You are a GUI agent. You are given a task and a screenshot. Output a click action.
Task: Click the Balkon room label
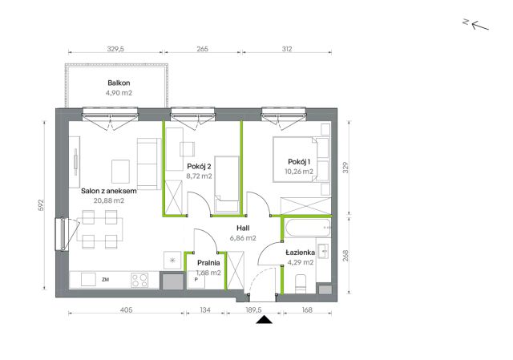point(119,83)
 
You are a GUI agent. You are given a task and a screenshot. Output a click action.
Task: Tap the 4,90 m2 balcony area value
point(119,93)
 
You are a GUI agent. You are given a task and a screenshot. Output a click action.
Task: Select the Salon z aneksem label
point(109,191)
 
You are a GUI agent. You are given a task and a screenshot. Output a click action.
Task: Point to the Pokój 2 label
point(199,167)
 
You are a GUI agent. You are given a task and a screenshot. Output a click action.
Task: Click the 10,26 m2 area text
point(299,172)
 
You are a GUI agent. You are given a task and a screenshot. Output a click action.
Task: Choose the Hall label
point(243,229)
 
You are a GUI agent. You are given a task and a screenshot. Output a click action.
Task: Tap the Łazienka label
point(301,253)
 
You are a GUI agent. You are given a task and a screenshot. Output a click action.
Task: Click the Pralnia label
point(208,263)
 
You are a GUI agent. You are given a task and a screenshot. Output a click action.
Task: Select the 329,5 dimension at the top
point(115,49)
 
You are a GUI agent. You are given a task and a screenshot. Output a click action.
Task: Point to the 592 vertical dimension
point(41,205)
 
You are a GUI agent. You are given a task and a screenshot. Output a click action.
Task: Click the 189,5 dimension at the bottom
point(253,309)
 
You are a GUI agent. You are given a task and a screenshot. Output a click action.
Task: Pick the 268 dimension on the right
point(345,256)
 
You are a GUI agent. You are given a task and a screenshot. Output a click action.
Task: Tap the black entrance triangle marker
point(264,320)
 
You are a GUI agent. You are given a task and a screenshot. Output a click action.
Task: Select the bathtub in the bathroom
point(307,228)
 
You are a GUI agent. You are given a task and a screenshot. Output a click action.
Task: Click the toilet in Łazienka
point(301,284)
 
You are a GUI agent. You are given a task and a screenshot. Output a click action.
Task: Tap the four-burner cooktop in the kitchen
point(139,281)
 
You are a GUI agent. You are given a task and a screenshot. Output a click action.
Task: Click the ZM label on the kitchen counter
point(105,280)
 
